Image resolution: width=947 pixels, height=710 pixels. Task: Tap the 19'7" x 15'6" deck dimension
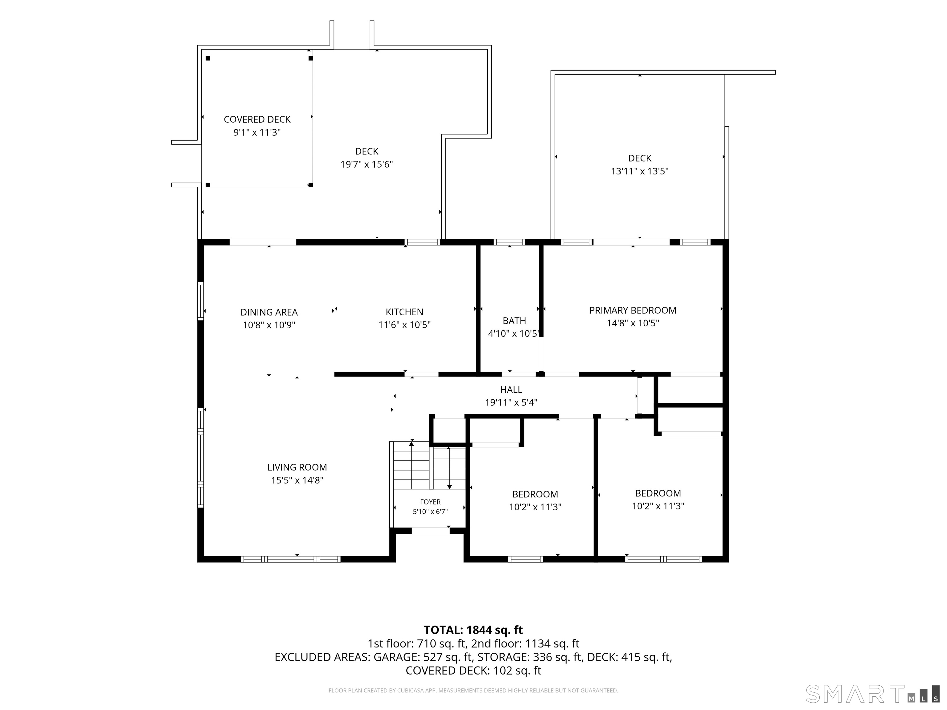(x=367, y=164)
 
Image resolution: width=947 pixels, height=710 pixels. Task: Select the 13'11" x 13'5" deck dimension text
(x=640, y=171)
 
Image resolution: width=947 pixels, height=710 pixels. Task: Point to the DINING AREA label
(x=269, y=312)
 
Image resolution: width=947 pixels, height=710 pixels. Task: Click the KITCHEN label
(x=404, y=312)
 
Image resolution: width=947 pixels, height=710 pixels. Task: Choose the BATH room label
(x=514, y=321)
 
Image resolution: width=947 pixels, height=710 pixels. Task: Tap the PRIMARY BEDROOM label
(x=633, y=310)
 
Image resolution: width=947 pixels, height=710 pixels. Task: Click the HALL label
(x=511, y=390)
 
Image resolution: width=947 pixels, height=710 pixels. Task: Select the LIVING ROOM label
(x=297, y=467)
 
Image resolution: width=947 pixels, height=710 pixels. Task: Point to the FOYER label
(x=430, y=502)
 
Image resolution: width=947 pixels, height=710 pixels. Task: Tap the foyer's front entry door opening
(x=431, y=531)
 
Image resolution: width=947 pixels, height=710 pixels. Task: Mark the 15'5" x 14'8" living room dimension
(x=297, y=480)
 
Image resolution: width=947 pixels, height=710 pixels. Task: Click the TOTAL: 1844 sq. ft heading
(x=473, y=630)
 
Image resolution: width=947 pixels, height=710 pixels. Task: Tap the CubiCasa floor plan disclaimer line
(x=473, y=690)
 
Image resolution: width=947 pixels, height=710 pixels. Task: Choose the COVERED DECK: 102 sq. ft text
(x=473, y=671)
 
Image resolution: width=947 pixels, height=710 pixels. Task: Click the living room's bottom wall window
(x=291, y=559)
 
